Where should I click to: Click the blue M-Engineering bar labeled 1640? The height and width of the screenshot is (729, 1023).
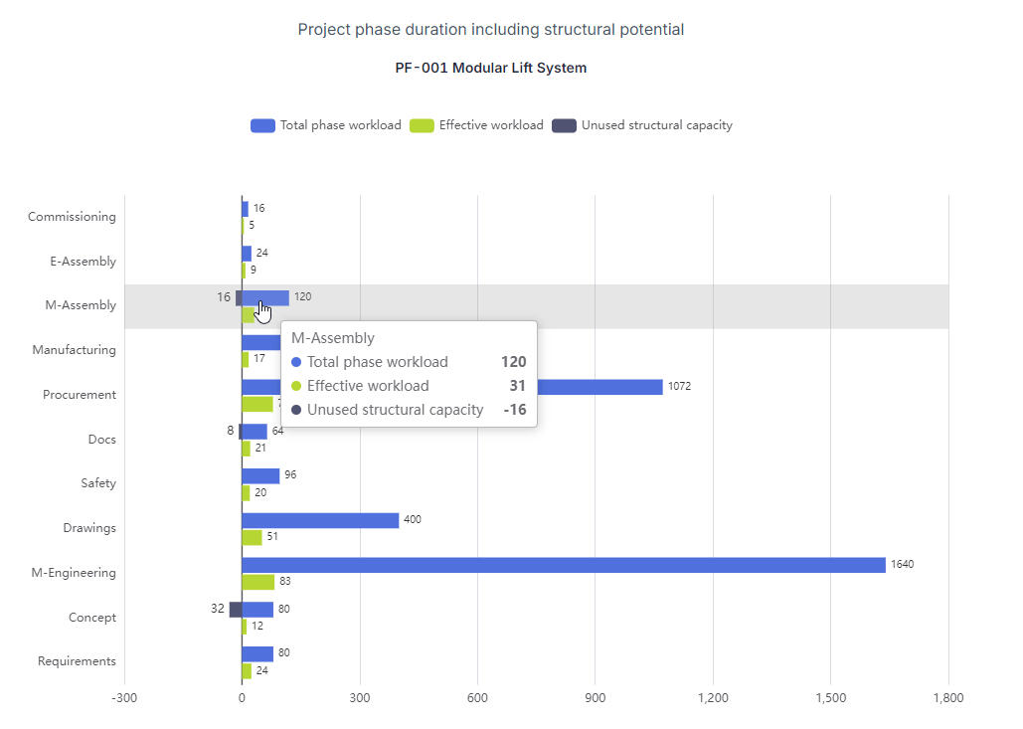(x=563, y=565)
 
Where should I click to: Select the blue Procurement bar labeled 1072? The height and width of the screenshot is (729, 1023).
(x=597, y=387)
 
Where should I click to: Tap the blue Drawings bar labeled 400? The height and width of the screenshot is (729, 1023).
(x=320, y=520)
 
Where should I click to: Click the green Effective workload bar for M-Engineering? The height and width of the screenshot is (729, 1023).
(x=258, y=582)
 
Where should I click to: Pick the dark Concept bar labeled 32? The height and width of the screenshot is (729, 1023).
(x=236, y=610)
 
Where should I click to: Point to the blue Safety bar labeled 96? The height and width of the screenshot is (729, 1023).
(x=260, y=475)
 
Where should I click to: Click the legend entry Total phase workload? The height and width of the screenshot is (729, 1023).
(x=326, y=125)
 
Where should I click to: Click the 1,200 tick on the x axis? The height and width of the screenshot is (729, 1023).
(x=713, y=698)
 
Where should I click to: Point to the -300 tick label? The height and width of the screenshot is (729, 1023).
(x=124, y=698)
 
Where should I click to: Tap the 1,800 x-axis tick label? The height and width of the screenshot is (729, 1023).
(x=948, y=698)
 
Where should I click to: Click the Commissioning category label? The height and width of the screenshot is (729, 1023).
(x=72, y=217)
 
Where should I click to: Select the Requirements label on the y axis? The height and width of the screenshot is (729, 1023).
(x=77, y=661)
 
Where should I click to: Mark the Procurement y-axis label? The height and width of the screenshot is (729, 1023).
(x=80, y=395)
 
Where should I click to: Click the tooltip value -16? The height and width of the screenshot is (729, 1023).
(x=514, y=410)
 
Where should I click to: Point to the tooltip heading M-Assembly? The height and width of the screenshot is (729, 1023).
(x=333, y=338)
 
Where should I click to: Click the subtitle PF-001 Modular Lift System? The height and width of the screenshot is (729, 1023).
(x=491, y=69)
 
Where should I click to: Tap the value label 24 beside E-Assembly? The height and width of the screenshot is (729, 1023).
(x=262, y=253)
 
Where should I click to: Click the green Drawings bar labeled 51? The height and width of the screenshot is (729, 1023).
(x=253, y=537)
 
